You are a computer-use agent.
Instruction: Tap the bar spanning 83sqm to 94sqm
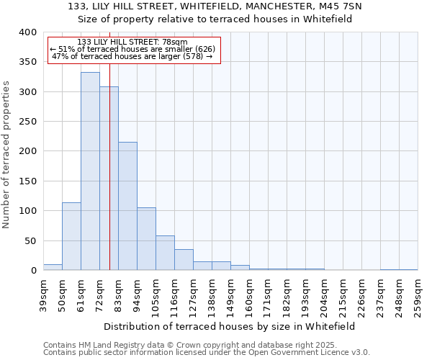click(x=127, y=206)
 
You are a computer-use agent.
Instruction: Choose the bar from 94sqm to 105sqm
click(x=146, y=239)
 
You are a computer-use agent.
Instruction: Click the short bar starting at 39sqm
click(x=53, y=267)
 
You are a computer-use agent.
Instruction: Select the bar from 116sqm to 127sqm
click(x=184, y=260)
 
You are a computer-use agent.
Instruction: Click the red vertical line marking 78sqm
click(x=109, y=144)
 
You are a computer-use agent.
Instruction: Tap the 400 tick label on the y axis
click(x=27, y=32)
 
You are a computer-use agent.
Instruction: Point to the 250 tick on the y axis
click(x=27, y=122)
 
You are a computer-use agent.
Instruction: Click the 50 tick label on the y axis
click(x=30, y=240)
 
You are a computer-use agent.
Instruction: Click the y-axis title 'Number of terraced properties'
click(x=7, y=154)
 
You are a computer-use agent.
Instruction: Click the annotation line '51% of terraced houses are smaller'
click(x=132, y=49)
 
